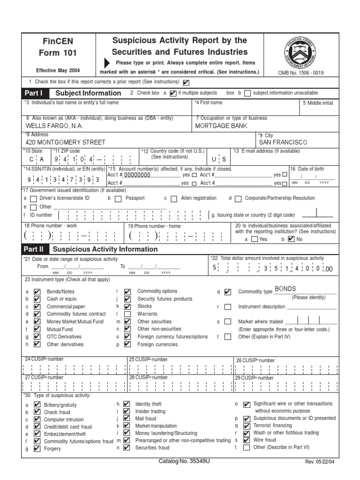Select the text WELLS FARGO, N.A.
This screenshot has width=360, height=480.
(x=54, y=126)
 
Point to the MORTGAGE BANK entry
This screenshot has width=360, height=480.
(x=221, y=126)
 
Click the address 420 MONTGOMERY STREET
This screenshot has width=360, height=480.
(x=65, y=142)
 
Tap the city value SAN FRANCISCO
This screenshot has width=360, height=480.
(x=283, y=142)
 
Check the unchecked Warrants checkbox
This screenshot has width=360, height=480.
(x=127, y=314)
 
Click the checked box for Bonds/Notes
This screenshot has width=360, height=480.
(x=37, y=291)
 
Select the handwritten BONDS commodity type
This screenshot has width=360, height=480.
(x=285, y=289)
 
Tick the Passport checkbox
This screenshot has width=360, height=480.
(x=119, y=198)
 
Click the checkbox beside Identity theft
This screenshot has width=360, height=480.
(x=127, y=404)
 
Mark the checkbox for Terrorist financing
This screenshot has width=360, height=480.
(x=247, y=426)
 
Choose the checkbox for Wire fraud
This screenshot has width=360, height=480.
(x=247, y=440)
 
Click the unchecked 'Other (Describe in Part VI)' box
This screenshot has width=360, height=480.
(x=247, y=448)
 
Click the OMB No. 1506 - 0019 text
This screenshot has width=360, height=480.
(x=301, y=73)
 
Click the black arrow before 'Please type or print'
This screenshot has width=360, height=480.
(x=107, y=63)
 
